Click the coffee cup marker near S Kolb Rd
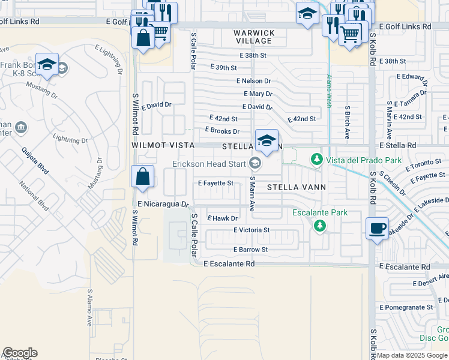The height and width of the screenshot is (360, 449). pyautogui.click(x=377, y=228)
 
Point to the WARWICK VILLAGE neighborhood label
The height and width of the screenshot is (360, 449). pyautogui.click(x=255, y=37)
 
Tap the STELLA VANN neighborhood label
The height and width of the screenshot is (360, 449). pyautogui.click(x=296, y=187)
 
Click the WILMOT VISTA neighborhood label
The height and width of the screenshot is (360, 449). pyautogui.click(x=158, y=146)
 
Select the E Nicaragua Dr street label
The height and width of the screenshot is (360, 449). pyautogui.click(x=163, y=204)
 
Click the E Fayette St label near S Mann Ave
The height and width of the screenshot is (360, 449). pyautogui.click(x=215, y=183)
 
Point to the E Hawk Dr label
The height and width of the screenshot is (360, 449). pyautogui.click(x=222, y=218)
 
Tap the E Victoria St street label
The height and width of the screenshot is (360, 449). pyautogui.click(x=252, y=230)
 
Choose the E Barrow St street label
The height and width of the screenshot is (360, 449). pyautogui.click(x=250, y=250)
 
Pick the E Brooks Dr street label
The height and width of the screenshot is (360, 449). pyautogui.click(x=222, y=131)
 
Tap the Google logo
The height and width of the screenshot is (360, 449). pyautogui.click(x=20, y=353)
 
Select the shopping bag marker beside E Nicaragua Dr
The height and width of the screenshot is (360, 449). pyautogui.click(x=143, y=176)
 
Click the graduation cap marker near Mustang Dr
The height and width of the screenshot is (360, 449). pyautogui.click(x=46, y=64)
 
